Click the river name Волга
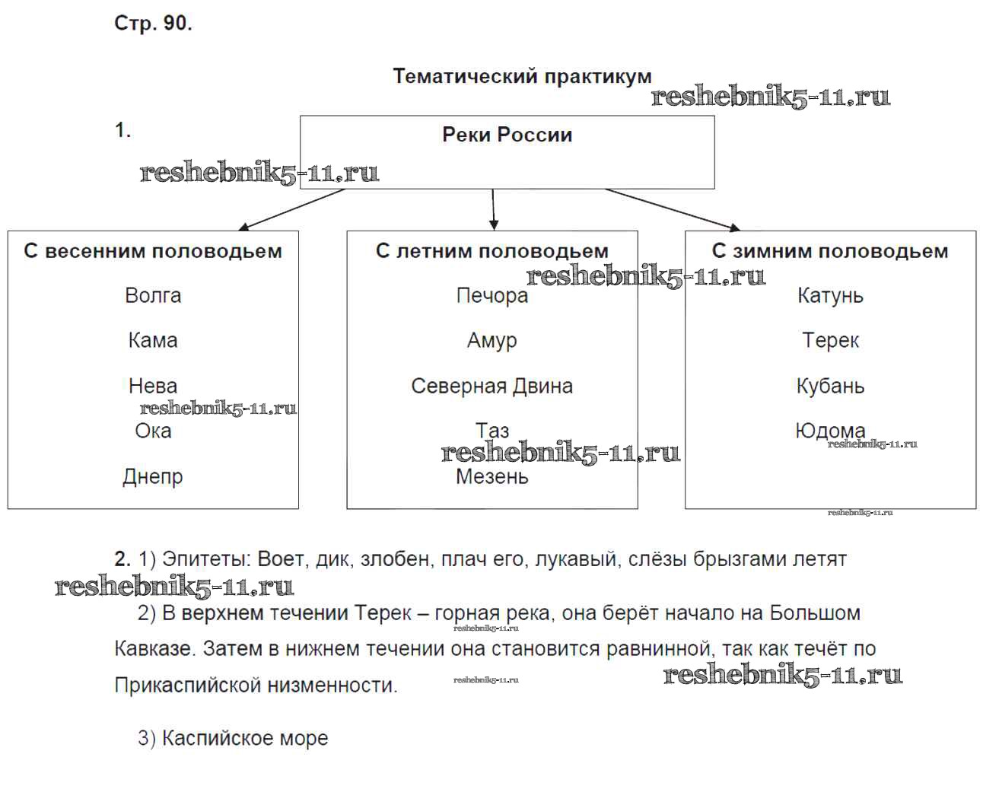click(153, 295)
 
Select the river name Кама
click(153, 340)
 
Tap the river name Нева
click(153, 386)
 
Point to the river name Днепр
click(153, 477)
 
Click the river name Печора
click(491, 295)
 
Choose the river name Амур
click(491, 340)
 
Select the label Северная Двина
click(491, 386)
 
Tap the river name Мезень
click(491, 477)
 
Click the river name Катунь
click(830, 295)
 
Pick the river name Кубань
click(830, 386)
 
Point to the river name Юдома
click(830, 431)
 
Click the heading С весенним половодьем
click(153, 251)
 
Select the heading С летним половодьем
click(491, 251)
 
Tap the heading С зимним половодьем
click(830, 251)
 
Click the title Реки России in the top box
click(507, 135)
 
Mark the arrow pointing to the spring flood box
click(292, 209)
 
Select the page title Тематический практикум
click(522, 76)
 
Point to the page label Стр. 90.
click(153, 24)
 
